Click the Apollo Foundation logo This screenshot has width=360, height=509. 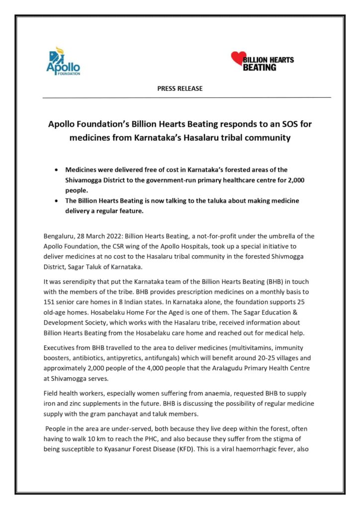click(x=63, y=61)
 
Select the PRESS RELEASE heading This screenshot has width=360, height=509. click(x=180, y=88)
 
